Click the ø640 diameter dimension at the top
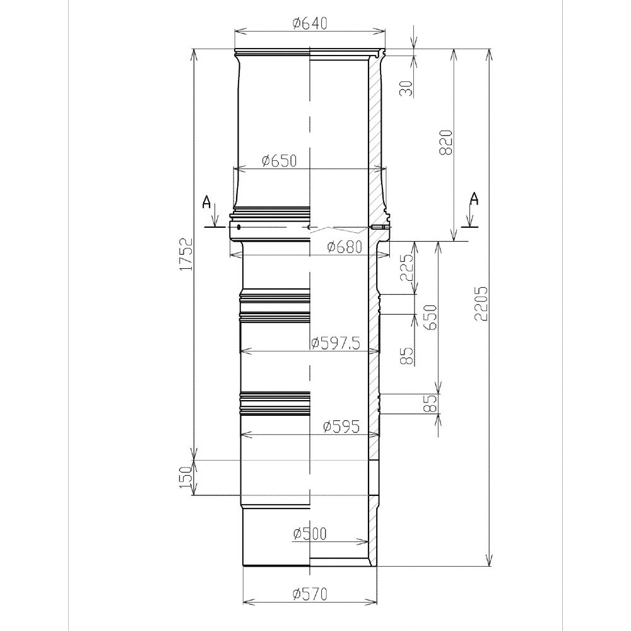[310, 23]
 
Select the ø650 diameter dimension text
[279, 160]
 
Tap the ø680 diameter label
[345, 247]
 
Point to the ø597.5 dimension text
[336, 343]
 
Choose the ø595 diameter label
[341, 427]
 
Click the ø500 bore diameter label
[310, 534]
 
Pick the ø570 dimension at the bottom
[310, 594]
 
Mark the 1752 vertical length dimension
[186, 254]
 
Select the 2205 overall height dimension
[481, 304]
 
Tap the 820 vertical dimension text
[446, 143]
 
